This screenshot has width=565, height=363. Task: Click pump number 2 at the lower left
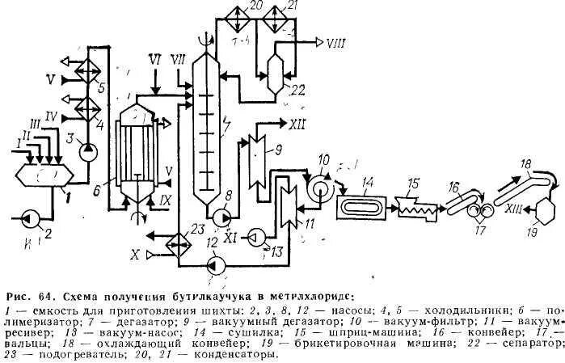click(x=32, y=217)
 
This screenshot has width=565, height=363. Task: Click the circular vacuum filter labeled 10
click(x=318, y=184)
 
